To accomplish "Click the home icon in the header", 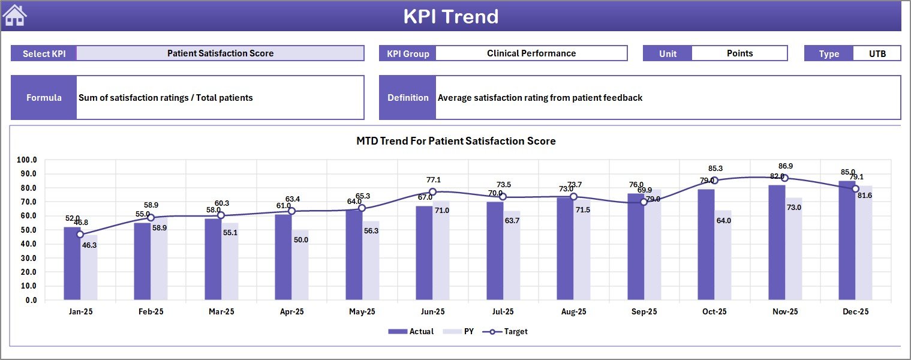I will click(x=15, y=16).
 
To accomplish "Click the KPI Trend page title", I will click(x=450, y=16).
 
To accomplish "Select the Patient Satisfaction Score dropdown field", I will click(x=220, y=53).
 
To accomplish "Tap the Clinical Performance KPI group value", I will click(x=531, y=53).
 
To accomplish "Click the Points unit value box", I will click(x=739, y=53).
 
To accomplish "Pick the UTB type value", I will click(x=877, y=53).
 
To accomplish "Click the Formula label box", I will click(x=44, y=97).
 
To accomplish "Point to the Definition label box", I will click(x=408, y=97).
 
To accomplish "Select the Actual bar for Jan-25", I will click(x=72, y=264).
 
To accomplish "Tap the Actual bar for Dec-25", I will click(x=847, y=241).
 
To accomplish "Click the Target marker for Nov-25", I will click(x=785, y=178).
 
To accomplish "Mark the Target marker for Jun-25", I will click(x=432, y=192).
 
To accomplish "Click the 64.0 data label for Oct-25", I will click(x=723, y=221).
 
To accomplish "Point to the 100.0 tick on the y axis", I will click(x=27, y=160).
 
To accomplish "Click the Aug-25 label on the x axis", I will click(x=573, y=312).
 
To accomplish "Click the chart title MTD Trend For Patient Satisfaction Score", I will click(x=456, y=142).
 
